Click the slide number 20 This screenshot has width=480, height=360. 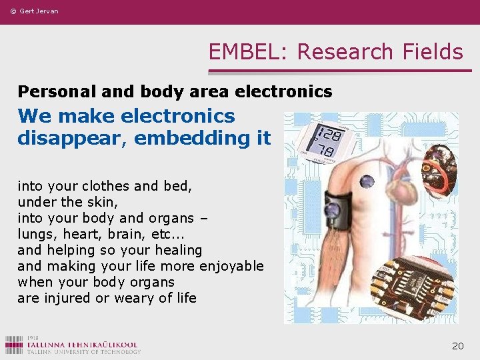click(x=457, y=345)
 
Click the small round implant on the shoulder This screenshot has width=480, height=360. click(x=367, y=179)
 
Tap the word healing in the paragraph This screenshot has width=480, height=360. click(x=177, y=250)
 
